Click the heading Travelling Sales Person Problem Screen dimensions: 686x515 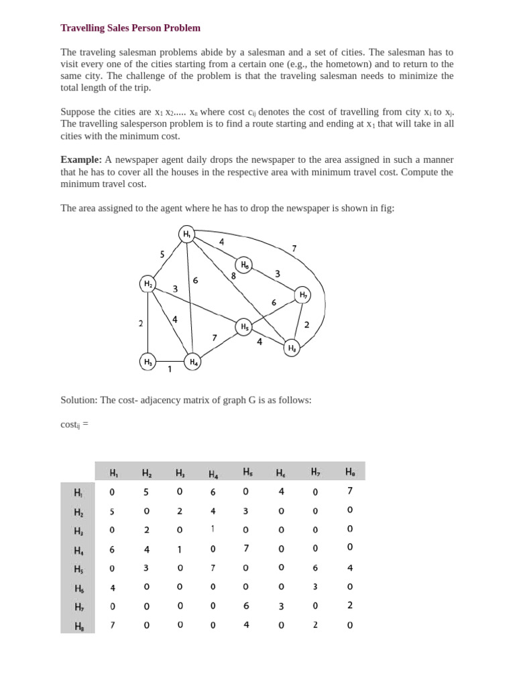coord(130,28)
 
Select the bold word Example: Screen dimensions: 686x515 coord(81,159)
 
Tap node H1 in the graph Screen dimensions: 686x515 coord(186,234)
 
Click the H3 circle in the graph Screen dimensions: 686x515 coord(148,362)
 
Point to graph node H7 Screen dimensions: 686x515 coord(303,294)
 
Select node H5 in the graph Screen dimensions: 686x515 coord(245,327)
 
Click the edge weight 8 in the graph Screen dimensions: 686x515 coord(233,275)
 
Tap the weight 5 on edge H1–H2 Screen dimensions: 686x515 coord(162,254)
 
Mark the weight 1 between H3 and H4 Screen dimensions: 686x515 coord(170,369)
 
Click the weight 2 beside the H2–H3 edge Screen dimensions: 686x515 coord(141,324)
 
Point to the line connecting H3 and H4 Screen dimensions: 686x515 coord(170,362)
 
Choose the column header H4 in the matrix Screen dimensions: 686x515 coord(213,474)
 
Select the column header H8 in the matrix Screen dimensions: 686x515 coord(349,472)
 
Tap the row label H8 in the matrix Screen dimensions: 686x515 coord(78,626)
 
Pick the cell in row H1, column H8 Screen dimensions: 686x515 coord(349,491)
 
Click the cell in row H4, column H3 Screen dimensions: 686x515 coord(179,549)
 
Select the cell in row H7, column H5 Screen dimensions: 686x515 coord(246,606)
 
